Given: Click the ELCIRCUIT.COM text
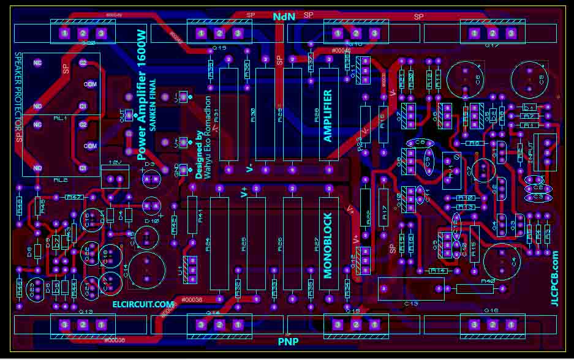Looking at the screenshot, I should pyautogui.click(x=143, y=304).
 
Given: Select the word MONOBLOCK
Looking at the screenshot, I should pyautogui.click(x=328, y=246).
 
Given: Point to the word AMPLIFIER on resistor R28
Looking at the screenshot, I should pyautogui.click(x=328, y=116).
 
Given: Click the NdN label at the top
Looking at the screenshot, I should pyautogui.click(x=284, y=17).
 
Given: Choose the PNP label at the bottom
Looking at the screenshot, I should pyautogui.click(x=289, y=340).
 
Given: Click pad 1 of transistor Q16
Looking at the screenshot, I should pyautogui.click(x=510, y=324).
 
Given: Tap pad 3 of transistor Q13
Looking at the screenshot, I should pyautogui.click(x=64, y=324).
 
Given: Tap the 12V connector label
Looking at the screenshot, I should pyautogui.click(x=114, y=162).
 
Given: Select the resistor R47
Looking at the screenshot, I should pyautogui.click(x=74, y=197).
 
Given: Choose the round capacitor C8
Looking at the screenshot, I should pyautogui.click(x=467, y=80).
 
